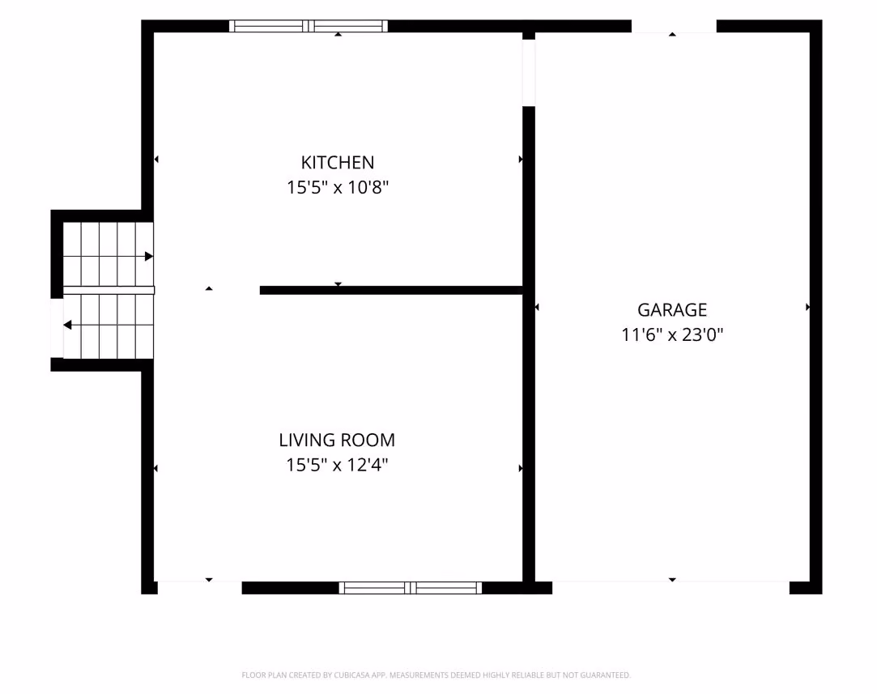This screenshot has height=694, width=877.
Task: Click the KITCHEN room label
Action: pos(337,162)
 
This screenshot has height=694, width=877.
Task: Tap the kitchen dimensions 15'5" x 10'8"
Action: pos(337,187)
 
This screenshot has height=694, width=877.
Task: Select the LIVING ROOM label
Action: pos(337,440)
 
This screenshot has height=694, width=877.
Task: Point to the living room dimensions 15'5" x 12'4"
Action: pos(337,465)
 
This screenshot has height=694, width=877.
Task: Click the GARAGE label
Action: pos(672,310)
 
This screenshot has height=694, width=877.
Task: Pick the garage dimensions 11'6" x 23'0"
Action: pos(672,334)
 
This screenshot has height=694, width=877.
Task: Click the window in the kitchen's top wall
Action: pos(309,26)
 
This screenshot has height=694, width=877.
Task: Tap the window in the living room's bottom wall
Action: pos(410,588)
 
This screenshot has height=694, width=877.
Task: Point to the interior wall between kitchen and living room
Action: pos(391,290)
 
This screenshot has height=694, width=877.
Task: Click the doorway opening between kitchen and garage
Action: pos(529,73)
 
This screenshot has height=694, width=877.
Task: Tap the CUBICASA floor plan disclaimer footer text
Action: pos(436,675)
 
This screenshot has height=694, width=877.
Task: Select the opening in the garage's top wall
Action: pos(674,26)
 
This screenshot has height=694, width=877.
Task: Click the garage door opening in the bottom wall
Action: pos(671,588)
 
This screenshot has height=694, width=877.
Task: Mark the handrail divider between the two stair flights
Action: pos(109,290)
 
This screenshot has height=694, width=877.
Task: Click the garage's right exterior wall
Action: pos(816,306)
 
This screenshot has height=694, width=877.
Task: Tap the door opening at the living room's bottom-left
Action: pos(200,588)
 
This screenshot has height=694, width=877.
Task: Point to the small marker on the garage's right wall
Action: pos(807,307)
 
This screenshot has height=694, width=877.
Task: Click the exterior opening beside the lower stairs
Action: pos(57,328)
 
